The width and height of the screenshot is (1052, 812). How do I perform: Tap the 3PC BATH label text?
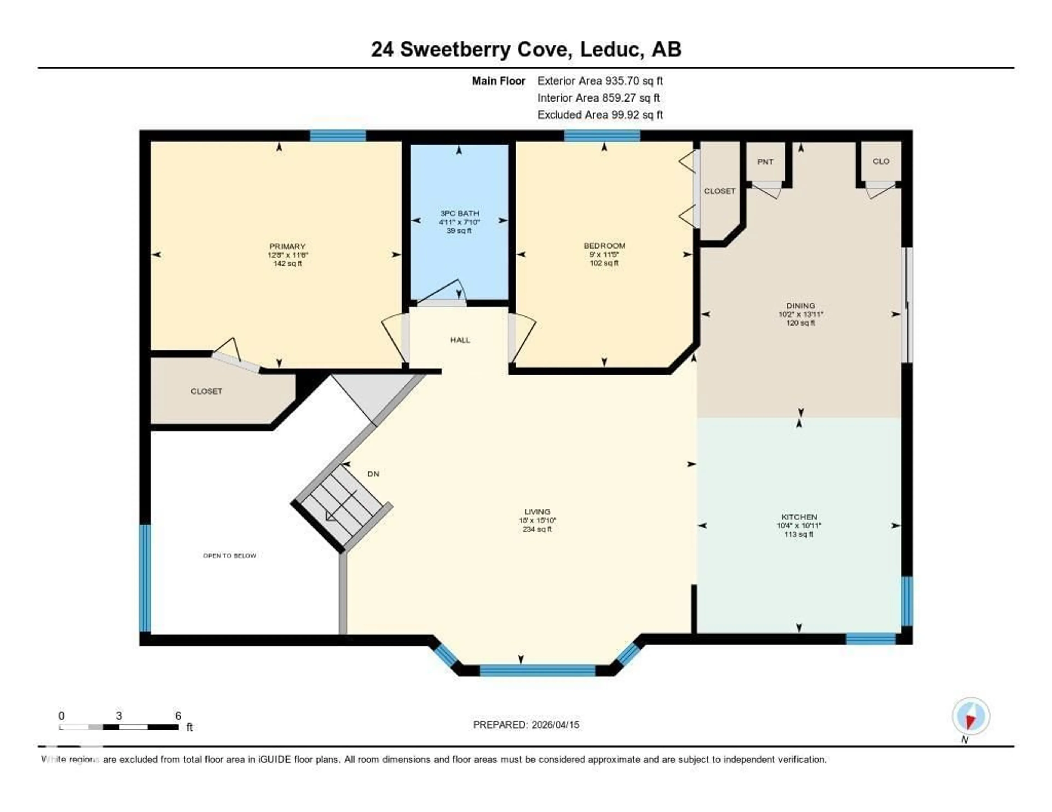[459, 213]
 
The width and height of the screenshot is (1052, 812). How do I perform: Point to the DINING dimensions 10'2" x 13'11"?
[801, 314]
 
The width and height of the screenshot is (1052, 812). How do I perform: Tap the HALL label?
[460, 340]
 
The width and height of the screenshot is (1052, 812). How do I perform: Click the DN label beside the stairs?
[373, 474]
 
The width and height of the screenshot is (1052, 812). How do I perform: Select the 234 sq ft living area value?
[537, 529]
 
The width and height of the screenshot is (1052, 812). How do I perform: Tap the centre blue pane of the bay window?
[537, 670]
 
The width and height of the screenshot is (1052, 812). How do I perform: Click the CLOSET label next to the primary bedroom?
[206, 391]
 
